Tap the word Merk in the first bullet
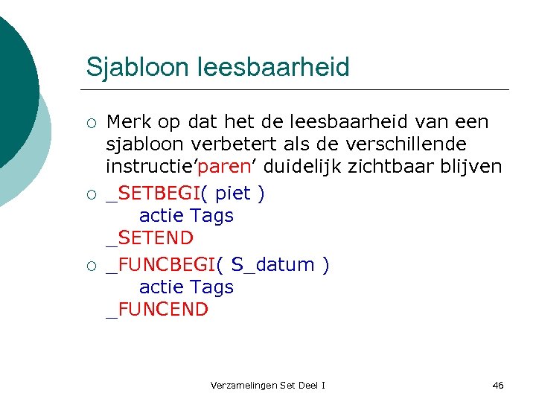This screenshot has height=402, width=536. click(x=127, y=121)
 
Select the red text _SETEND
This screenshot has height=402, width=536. click(x=150, y=239)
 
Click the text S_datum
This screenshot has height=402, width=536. click(x=273, y=265)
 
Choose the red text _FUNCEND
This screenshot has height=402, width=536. click(x=157, y=310)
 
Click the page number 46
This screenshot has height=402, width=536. click(x=498, y=385)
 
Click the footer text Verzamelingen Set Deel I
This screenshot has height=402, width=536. click(x=268, y=385)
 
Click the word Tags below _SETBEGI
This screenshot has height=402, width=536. click(x=212, y=216)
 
